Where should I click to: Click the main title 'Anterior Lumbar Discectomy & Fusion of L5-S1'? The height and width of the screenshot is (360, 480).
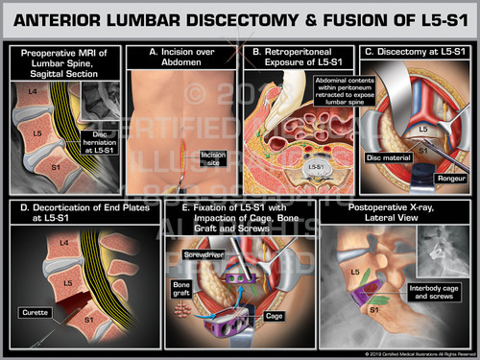click(240, 18)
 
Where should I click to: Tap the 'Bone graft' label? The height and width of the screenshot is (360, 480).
click(181, 288)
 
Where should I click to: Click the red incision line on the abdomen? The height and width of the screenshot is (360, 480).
click(179, 147)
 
